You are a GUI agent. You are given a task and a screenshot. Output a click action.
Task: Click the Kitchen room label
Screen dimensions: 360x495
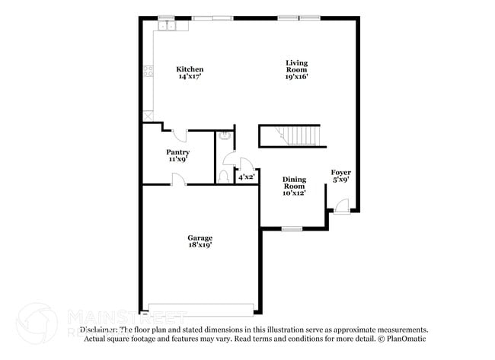point(190,69)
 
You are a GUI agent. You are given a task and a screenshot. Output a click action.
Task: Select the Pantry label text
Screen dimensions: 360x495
point(179,152)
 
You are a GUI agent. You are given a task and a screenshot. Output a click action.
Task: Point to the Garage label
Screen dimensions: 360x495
point(200,237)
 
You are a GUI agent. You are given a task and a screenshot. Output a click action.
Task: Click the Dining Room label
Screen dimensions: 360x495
point(294,183)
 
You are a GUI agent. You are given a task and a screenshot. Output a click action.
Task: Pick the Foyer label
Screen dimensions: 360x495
point(340,173)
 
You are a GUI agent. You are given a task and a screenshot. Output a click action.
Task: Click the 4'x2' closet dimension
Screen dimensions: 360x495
point(246,177)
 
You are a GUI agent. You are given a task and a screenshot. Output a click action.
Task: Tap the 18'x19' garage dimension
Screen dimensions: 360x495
point(200,245)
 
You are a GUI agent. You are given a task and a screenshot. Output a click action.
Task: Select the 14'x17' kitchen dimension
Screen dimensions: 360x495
point(190,77)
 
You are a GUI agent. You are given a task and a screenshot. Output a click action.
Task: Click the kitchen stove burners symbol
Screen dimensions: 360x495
point(148,74)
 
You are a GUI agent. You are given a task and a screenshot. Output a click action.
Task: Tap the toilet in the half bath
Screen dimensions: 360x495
point(223,176)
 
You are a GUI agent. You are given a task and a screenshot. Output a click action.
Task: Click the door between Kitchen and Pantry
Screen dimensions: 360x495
point(180,135)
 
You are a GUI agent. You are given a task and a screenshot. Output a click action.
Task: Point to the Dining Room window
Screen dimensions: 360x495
point(292,228)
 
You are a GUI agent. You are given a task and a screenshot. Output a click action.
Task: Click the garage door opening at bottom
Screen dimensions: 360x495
point(200,310)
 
